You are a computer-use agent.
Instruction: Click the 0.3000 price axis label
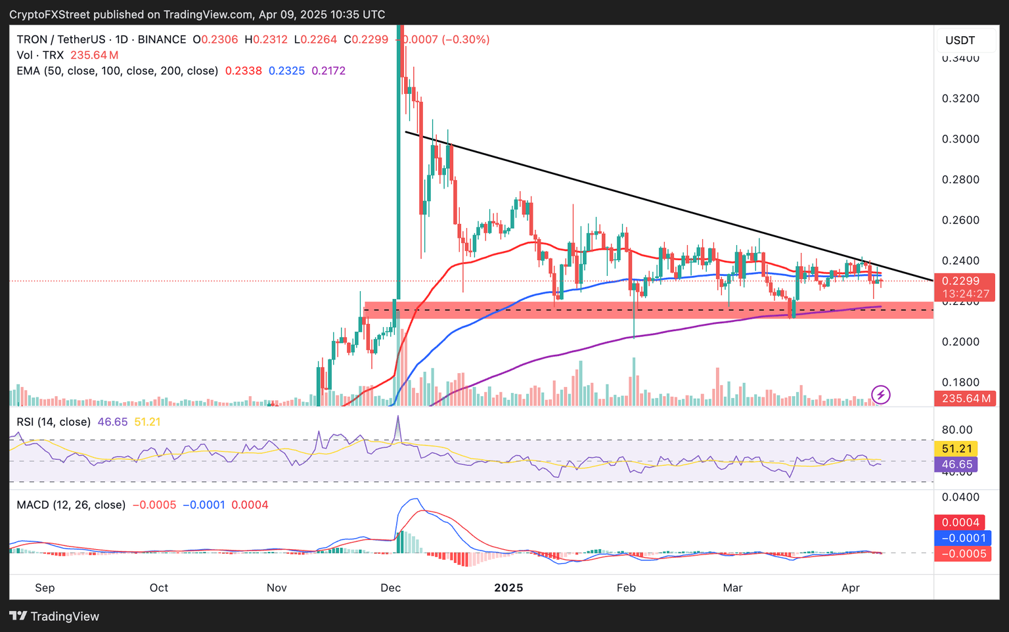pyautogui.click(x=960, y=139)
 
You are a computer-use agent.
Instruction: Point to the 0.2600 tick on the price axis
pyautogui.click(x=960, y=220)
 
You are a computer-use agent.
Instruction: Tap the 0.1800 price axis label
pyautogui.click(x=960, y=382)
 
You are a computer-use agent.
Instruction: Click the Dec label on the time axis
pyautogui.click(x=390, y=587)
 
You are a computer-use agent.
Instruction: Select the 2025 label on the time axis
pyautogui.click(x=508, y=587)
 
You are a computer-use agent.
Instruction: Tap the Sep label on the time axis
pyautogui.click(x=45, y=587)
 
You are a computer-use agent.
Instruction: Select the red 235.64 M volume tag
pyautogui.click(x=964, y=398)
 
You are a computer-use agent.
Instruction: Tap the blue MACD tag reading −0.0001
pyautogui.click(x=963, y=538)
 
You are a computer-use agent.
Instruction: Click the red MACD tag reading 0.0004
pyautogui.click(x=960, y=522)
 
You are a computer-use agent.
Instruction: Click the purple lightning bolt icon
pyautogui.click(x=880, y=395)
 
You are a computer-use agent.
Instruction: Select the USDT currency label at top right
pyautogui.click(x=960, y=40)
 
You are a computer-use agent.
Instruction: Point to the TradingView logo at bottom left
pyautogui.click(x=55, y=616)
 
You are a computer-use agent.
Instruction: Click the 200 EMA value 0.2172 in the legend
pyautogui.click(x=328, y=71)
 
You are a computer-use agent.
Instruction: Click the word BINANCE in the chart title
pyautogui.click(x=162, y=39)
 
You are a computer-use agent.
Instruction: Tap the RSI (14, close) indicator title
pyautogui.click(x=54, y=422)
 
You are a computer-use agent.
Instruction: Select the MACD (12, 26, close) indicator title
pyautogui.click(x=71, y=505)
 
